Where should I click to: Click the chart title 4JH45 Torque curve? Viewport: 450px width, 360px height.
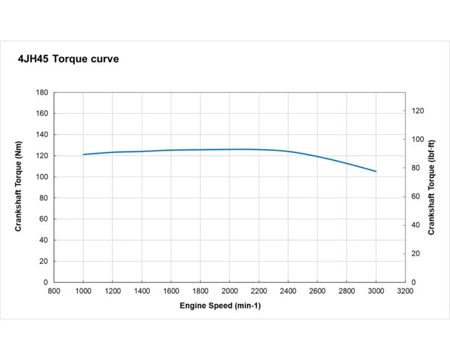[x=69, y=59]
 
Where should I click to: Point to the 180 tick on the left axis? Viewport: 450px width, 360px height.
[x=42, y=93]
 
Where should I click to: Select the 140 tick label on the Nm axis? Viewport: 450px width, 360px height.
[x=42, y=135]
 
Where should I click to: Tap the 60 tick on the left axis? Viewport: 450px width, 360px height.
[x=44, y=219]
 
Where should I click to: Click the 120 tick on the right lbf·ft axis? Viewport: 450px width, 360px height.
[x=418, y=111]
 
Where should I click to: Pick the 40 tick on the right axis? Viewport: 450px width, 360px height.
[x=415, y=225]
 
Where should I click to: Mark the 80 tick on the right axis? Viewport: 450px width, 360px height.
[x=415, y=168]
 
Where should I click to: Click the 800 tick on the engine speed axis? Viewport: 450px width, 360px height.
[x=54, y=290]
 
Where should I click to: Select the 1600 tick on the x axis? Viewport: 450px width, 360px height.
[x=171, y=290]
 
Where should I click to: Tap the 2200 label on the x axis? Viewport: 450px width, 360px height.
[x=259, y=290]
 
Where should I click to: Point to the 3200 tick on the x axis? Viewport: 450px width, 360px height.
[x=405, y=290]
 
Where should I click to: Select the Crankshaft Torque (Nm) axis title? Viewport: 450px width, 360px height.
[x=18, y=188]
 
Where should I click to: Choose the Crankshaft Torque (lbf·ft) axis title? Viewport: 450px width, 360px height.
[x=432, y=188]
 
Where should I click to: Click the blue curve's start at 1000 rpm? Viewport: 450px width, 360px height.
[x=83, y=155]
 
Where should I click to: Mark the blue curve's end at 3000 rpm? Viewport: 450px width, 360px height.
[x=376, y=171]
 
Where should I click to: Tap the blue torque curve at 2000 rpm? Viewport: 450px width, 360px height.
[x=230, y=150]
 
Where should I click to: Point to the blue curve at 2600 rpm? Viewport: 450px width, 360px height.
[x=318, y=157]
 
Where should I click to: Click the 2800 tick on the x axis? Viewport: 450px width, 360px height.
[x=347, y=290]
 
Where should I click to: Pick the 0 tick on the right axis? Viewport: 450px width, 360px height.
[x=413, y=283]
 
